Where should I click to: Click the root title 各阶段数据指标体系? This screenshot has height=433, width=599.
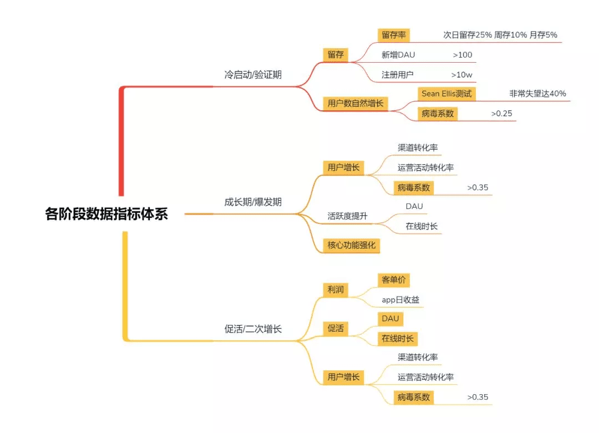[106, 214]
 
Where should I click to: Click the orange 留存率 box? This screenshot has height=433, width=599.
[394, 35]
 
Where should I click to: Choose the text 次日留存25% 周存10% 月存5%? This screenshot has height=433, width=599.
[500, 35]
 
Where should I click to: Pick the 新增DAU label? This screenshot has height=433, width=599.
[398, 55]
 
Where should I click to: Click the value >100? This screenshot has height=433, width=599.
[462, 55]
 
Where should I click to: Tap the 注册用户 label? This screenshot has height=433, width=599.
[398, 74]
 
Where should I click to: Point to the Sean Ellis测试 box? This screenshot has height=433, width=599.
[446, 94]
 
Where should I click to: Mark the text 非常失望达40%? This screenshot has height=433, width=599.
[537, 94]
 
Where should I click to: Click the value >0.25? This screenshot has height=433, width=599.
[501, 114]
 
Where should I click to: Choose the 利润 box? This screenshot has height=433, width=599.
[335, 289]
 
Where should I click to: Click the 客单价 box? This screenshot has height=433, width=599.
[393, 280]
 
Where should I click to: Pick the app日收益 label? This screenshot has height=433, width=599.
[400, 300]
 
